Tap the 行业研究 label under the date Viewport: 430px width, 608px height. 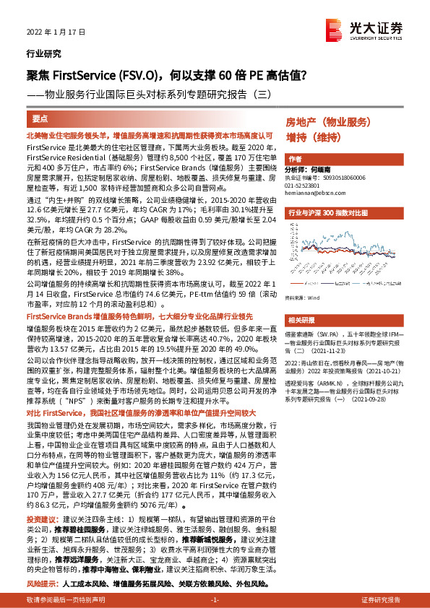(39, 53)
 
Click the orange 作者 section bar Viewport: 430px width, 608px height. (294, 159)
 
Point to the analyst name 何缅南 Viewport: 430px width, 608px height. (326, 169)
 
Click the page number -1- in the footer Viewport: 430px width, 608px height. (215, 601)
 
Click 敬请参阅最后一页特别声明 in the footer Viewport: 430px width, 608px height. (66, 601)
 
